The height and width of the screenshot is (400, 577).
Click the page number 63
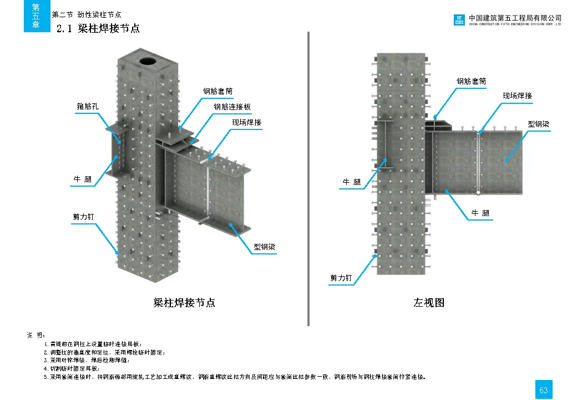543,390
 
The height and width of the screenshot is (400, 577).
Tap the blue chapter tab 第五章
36,16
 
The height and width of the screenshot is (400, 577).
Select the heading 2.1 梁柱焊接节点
98,28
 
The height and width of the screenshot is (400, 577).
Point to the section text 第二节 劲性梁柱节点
86,14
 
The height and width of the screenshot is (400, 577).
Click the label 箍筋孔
87,106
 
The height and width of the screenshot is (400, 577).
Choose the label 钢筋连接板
232,107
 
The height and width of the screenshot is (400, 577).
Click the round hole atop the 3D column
148,60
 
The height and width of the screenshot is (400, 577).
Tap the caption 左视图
429,303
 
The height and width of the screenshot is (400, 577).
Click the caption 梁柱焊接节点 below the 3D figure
184,303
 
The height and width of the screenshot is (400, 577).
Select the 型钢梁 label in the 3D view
265,246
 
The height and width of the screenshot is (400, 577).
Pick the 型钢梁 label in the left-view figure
538,124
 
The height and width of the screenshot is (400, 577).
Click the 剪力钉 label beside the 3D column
84,217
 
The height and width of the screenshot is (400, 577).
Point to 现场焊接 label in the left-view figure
517,96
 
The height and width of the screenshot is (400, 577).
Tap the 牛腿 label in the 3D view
83,179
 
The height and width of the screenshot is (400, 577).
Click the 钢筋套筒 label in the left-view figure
471,81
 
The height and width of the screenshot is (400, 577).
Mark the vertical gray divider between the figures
308,178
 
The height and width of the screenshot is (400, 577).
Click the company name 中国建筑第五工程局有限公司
515,18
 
